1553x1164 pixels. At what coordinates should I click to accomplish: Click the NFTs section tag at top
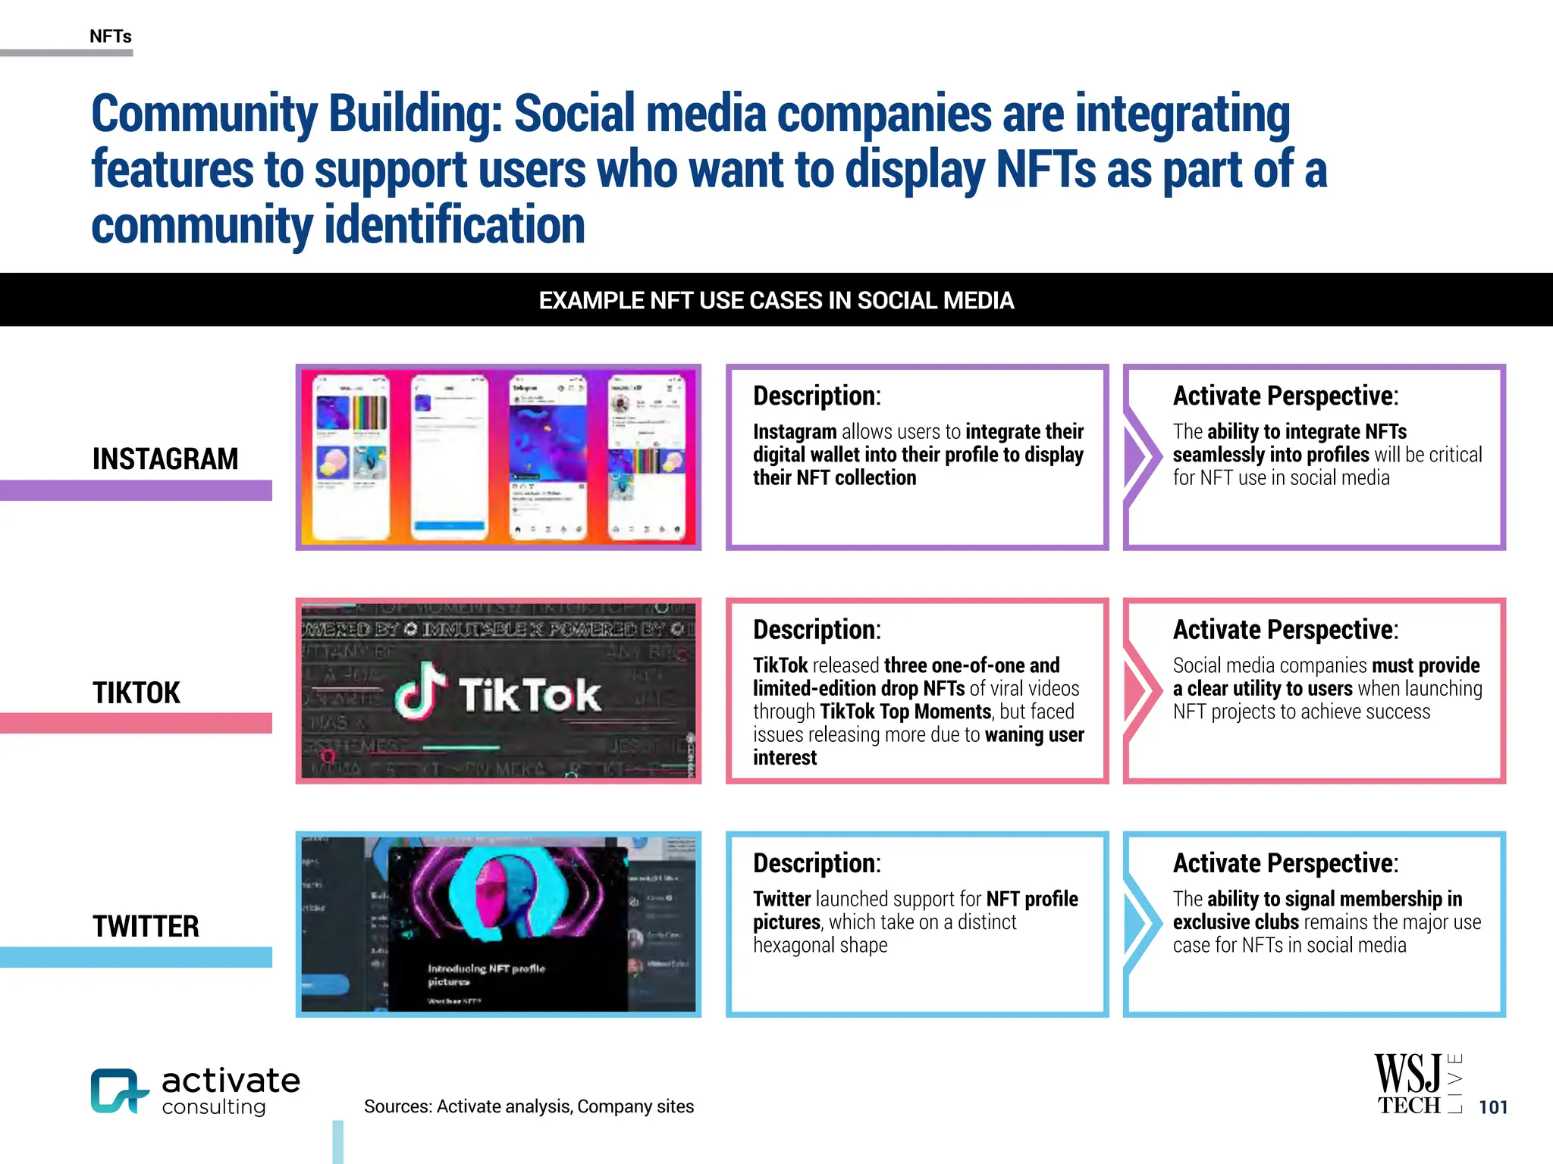[x=111, y=36]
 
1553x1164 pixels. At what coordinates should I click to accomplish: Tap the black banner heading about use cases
[x=776, y=301]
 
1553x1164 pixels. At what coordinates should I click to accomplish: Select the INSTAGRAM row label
[x=165, y=459]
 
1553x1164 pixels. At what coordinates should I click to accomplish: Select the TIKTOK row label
[x=136, y=693]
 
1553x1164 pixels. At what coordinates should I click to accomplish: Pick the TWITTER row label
[x=146, y=926]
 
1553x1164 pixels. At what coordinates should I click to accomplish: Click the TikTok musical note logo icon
[x=419, y=691]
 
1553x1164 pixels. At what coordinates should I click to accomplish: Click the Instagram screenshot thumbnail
[x=498, y=457]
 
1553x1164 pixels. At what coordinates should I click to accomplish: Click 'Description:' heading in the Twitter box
[x=817, y=863]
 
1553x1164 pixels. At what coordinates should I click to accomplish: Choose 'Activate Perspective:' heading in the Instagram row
[x=1285, y=396]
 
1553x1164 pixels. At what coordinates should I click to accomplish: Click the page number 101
[x=1493, y=1107]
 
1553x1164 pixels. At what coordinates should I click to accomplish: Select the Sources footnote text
[x=529, y=1106]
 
